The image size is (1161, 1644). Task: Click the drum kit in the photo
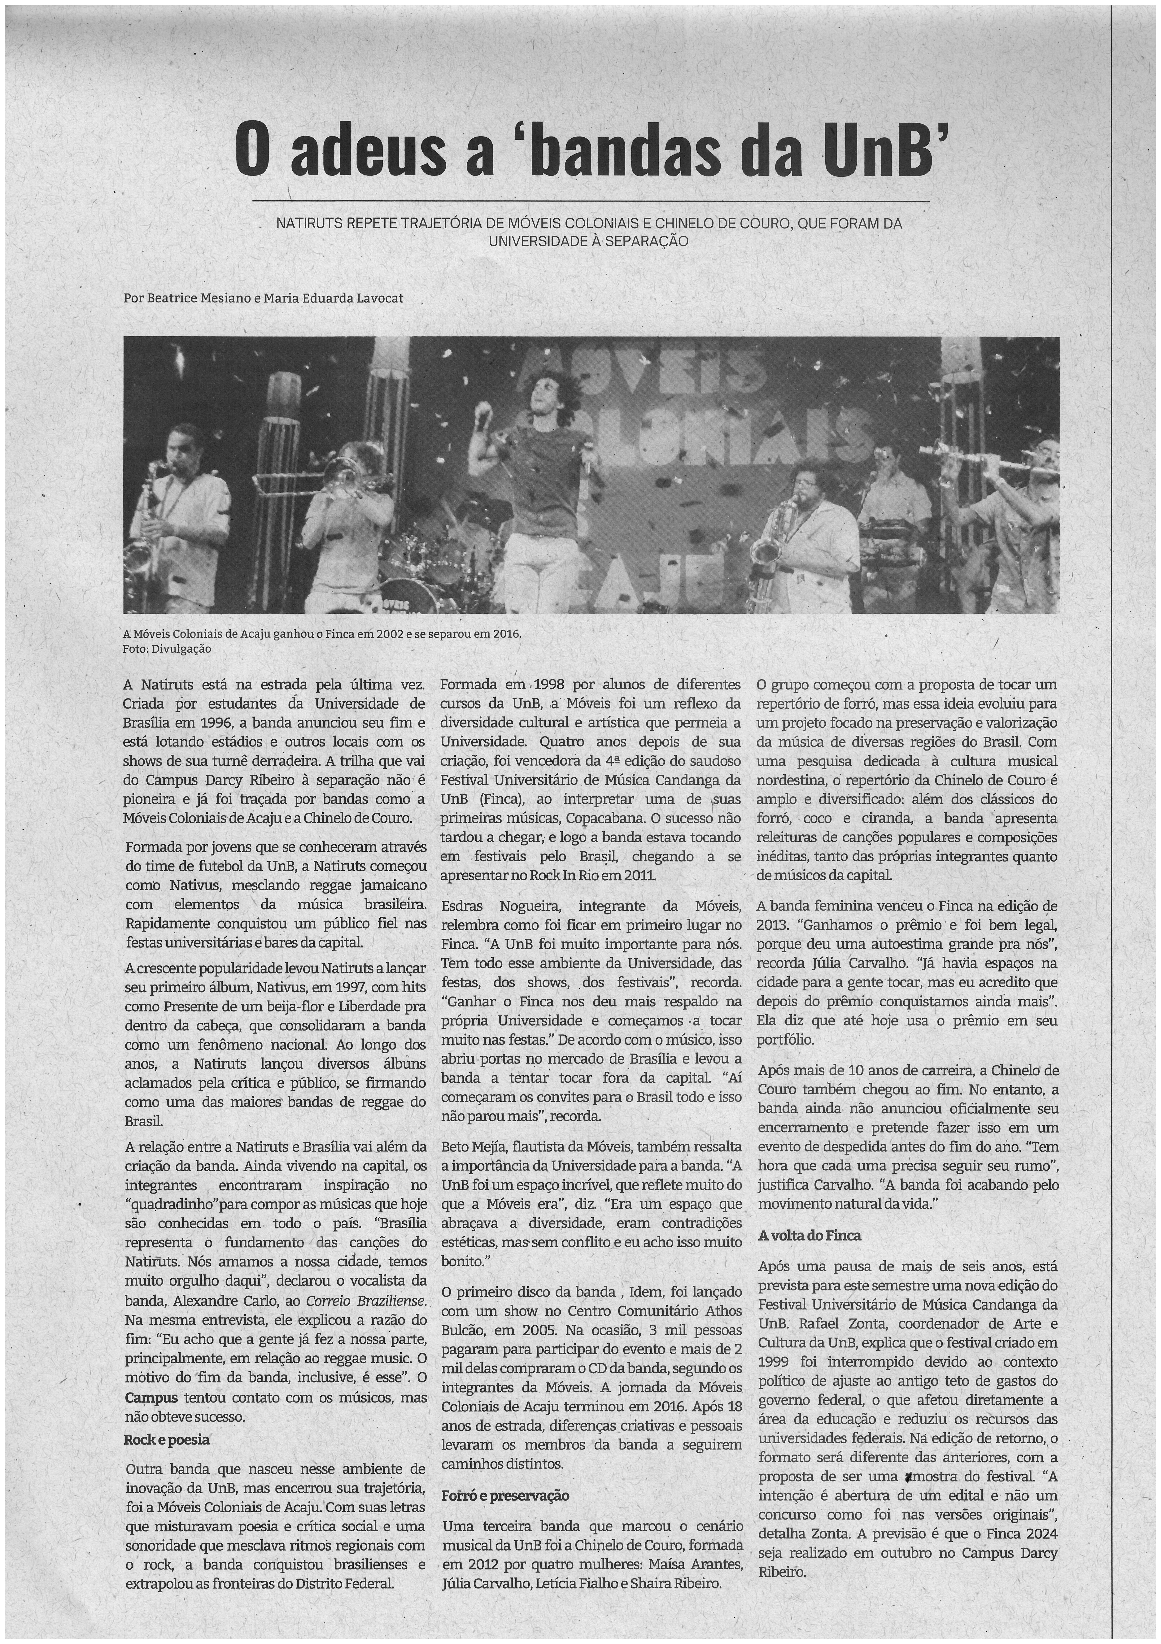pos(423,566)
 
